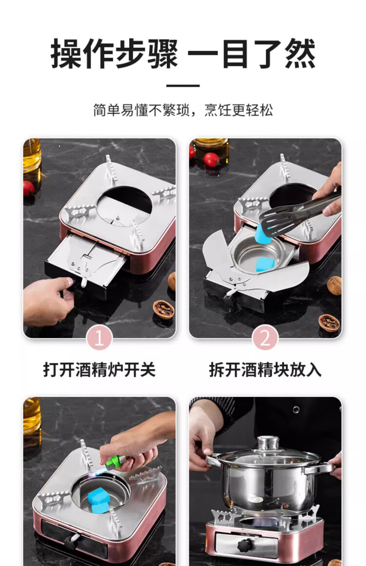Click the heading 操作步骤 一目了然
[x=183, y=54]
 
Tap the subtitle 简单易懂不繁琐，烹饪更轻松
[x=183, y=110]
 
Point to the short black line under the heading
[x=183, y=86]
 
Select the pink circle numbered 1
[x=100, y=338]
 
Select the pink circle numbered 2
[x=265, y=338]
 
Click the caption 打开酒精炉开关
[x=100, y=370]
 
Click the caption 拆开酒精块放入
[x=265, y=370]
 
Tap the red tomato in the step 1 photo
[x=29, y=188]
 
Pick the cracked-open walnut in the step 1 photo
[x=163, y=310]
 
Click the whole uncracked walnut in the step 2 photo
[x=334, y=285]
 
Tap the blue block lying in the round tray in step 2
[x=265, y=264]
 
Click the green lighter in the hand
[x=117, y=462]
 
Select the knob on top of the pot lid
[x=268, y=443]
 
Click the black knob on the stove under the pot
[x=246, y=545]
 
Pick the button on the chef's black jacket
[x=296, y=410]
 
